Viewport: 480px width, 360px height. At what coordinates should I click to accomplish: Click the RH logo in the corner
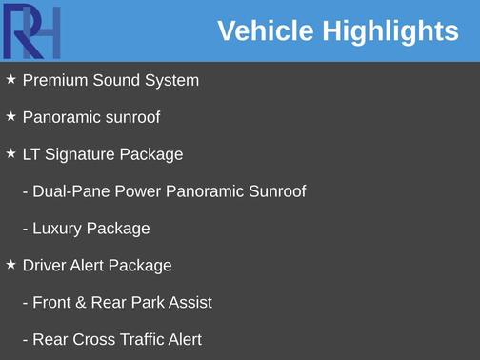(31, 30)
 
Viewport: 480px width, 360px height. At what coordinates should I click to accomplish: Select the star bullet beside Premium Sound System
(10, 79)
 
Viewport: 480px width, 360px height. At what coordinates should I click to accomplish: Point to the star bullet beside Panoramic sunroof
(10, 116)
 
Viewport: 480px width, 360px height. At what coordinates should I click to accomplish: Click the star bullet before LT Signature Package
(10, 153)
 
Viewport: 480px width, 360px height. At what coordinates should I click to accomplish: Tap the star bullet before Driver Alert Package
(10, 265)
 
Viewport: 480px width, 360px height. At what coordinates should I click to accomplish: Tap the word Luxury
(57, 229)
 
